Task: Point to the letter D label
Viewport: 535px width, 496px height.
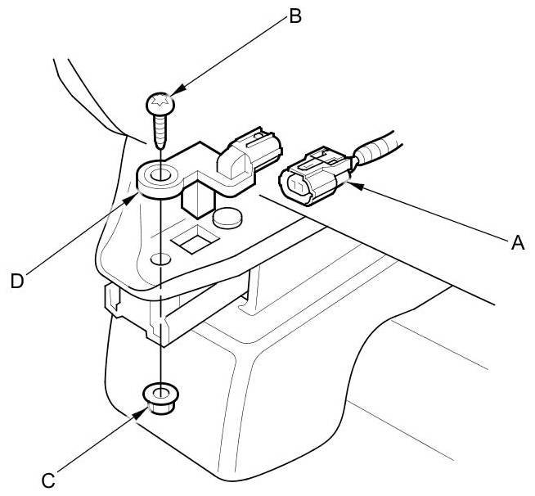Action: point(17,281)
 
